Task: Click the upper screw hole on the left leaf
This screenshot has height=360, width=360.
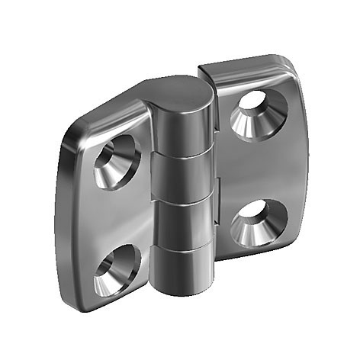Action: [116, 162]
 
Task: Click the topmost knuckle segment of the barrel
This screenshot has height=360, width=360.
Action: [182, 130]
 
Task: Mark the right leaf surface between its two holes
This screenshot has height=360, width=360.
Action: [256, 168]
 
